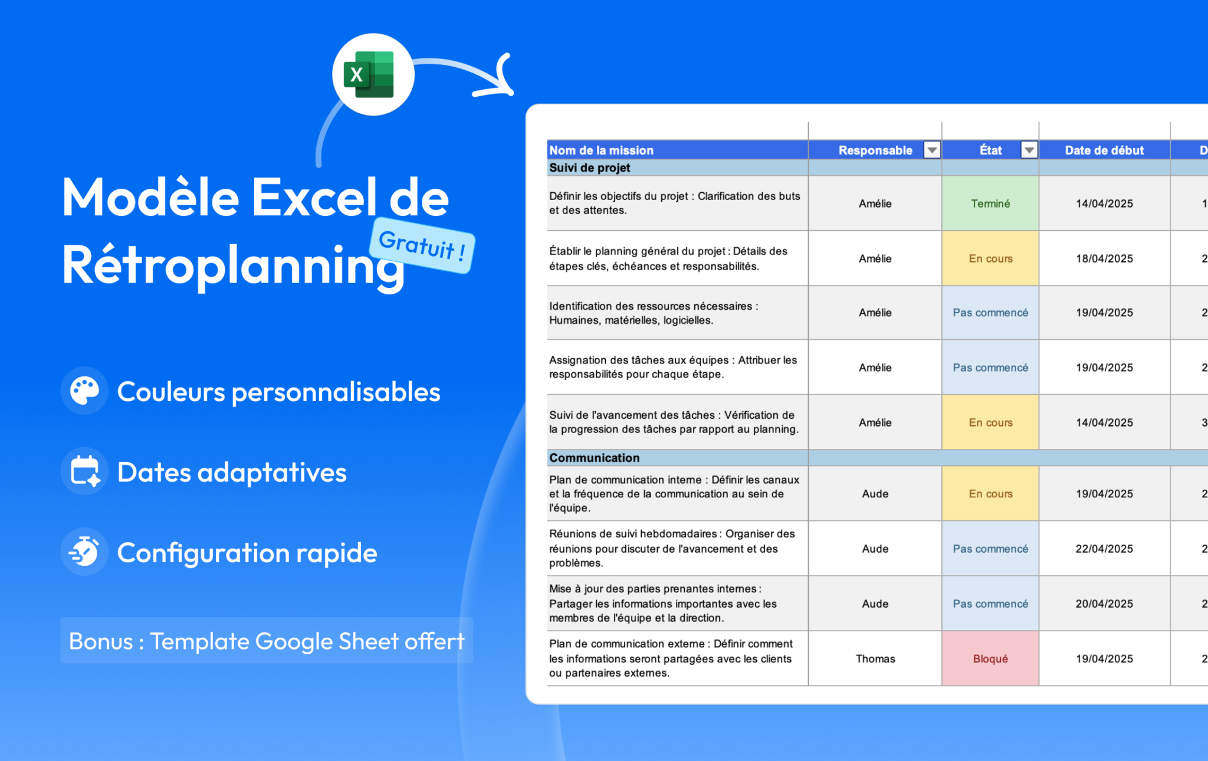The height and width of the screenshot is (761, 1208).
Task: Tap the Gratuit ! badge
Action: click(422, 245)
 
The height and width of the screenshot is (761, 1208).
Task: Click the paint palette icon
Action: click(84, 391)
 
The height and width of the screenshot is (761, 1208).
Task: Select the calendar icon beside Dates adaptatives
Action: click(84, 471)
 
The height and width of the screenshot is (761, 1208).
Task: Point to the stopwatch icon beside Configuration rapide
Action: click(84, 552)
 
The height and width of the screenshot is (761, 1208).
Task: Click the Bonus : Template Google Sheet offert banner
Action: click(267, 641)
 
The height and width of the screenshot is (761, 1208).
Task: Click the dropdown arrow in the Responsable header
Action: click(932, 150)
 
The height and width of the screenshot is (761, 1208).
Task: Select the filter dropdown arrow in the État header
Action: click(1029, 150)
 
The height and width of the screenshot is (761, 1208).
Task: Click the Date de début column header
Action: click(1104, 150)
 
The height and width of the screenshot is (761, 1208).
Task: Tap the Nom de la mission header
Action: click(601, 150)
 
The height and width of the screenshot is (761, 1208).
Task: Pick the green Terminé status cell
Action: click(990, 204)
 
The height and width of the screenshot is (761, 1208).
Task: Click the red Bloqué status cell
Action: click(990, 658)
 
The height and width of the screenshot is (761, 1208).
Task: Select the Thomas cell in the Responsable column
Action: click(875, 658)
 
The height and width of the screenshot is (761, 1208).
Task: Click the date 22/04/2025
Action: click(1104, 549)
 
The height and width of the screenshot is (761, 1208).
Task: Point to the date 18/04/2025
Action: click(1104, 258)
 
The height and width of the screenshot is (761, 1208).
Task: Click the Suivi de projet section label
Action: click(590, 168)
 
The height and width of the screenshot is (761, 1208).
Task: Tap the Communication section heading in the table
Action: click(594, 458)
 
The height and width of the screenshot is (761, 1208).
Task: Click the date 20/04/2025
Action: click(1104, 603)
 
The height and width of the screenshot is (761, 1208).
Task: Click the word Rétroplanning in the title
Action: click(233, 265)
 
